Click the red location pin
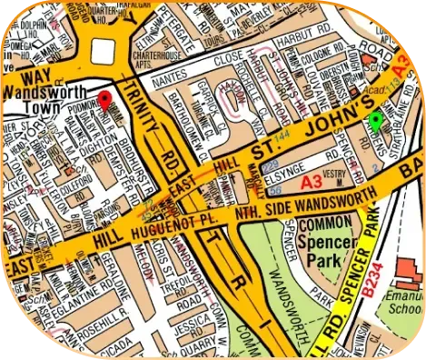[105, 102]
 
